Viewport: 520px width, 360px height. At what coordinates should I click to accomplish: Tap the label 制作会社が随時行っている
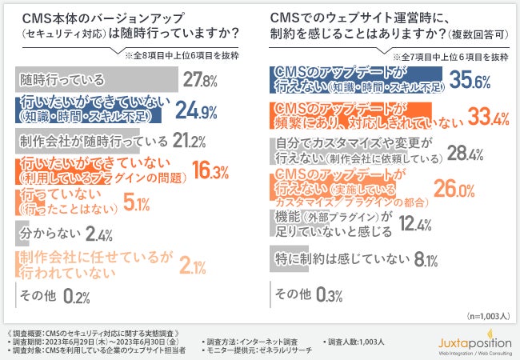pos(90,142)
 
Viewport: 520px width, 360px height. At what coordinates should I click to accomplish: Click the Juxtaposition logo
pos(475,342)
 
